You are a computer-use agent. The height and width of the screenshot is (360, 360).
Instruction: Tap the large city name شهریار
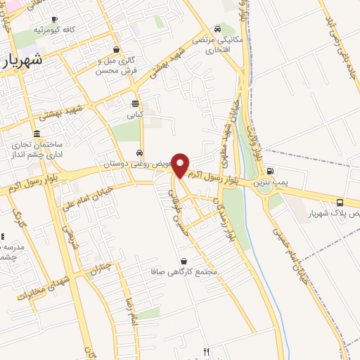pos(23,60)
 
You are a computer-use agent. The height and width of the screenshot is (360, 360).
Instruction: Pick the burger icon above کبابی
pos(135,103)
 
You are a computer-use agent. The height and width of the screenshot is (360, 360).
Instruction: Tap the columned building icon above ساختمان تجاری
pos(37,134)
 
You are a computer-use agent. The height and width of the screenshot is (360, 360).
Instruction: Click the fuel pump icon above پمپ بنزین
pos(269,171)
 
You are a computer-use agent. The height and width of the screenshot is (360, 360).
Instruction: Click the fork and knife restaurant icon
pos(206,352)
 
